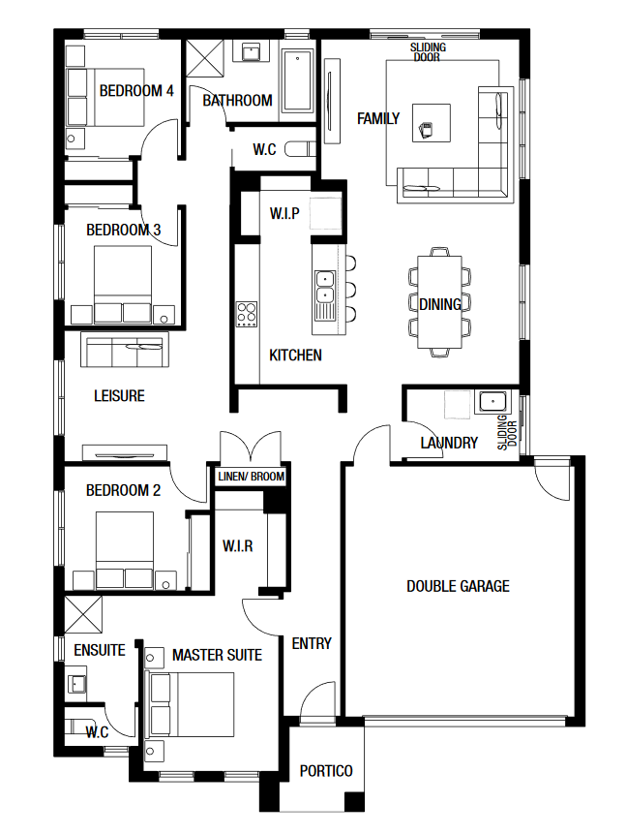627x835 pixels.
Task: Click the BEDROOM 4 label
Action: [x=136, y=90]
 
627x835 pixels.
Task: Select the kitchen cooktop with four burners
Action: [x=247, y=314]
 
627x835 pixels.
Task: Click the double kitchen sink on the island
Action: [x=324, y=288]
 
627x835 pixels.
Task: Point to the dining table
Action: [x=439, y=302]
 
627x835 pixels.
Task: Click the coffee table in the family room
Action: [x=432, y=123]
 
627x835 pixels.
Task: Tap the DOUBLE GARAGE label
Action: [x=458, y=586]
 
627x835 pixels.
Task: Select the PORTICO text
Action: [x=326, y=770]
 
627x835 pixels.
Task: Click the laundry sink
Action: [x=492, y=401]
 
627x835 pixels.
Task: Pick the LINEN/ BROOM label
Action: [x=251, y=476]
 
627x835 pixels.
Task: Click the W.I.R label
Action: [x=238, y=545]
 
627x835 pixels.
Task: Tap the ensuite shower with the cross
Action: [x=83, y=614]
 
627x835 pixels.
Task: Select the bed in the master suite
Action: [x=192, y=704]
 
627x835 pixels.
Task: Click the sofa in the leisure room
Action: [x=125, y=350]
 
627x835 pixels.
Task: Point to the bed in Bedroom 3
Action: [x=123, y=284]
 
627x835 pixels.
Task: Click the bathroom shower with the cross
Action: [x=204, y=60]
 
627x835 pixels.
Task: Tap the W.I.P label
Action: [x=284, y=213]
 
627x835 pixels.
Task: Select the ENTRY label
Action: [x=312, y=643]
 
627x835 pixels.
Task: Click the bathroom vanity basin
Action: [x=251, y=51]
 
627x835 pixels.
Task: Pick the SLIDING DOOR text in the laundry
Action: [x=507, y=432]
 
